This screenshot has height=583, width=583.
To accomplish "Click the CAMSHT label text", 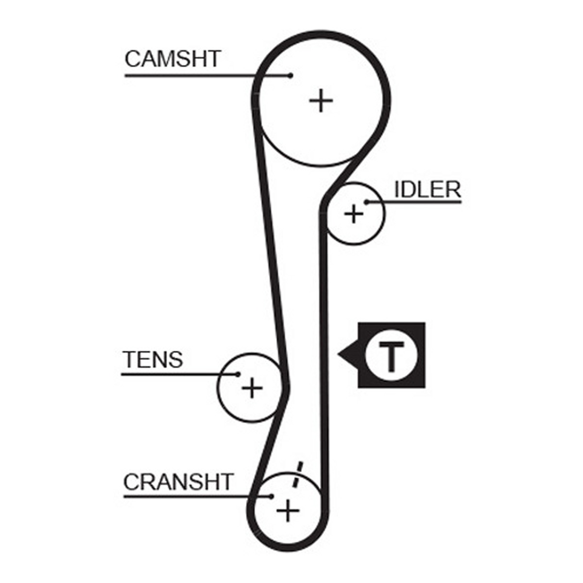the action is coord(173,59).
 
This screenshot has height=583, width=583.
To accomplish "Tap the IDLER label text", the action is coord(428,190).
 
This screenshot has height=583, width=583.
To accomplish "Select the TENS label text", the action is coord(153,360).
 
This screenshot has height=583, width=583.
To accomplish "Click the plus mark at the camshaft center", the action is coord(321,101).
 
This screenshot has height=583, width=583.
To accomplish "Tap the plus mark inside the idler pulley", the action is coord(354,214).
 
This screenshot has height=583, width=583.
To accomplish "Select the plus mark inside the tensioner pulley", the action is coord(252,388).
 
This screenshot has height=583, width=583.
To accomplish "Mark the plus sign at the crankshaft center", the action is coord(288,511).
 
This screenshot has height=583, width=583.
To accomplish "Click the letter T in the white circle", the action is coord(392,357).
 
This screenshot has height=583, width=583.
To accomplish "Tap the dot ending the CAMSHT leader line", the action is coord(291,75).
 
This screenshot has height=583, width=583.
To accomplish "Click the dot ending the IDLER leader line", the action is coord(366,202).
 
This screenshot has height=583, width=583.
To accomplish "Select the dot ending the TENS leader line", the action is coord(238,375).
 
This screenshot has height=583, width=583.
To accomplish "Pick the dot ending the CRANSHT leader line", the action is coord(272,497).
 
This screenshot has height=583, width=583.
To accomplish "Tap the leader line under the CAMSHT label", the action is coord(207,75).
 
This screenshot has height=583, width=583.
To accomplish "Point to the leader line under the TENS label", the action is coord(180,375).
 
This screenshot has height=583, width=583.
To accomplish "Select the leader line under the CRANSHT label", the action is coord(198,497).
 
